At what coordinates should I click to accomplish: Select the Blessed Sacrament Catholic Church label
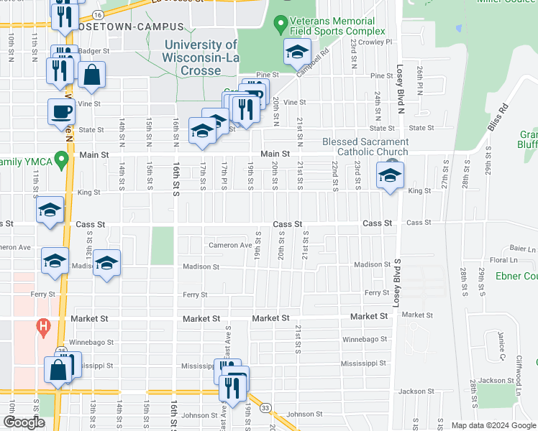click(x=365, y=147)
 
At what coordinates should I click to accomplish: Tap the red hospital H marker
click(x=43, y=328)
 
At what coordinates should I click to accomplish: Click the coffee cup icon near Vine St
click(x=61, y=113)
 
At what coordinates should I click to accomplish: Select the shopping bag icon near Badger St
click(x=92, y=75)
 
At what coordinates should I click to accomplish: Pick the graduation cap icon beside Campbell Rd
click(x=297, y=53)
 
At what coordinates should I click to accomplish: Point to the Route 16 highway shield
click(x=98, y=14)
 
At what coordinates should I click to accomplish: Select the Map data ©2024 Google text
click(x=493, y=425)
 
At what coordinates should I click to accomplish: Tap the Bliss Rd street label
click(x=497, y=118)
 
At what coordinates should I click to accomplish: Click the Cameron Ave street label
click(x=230, y=245)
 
